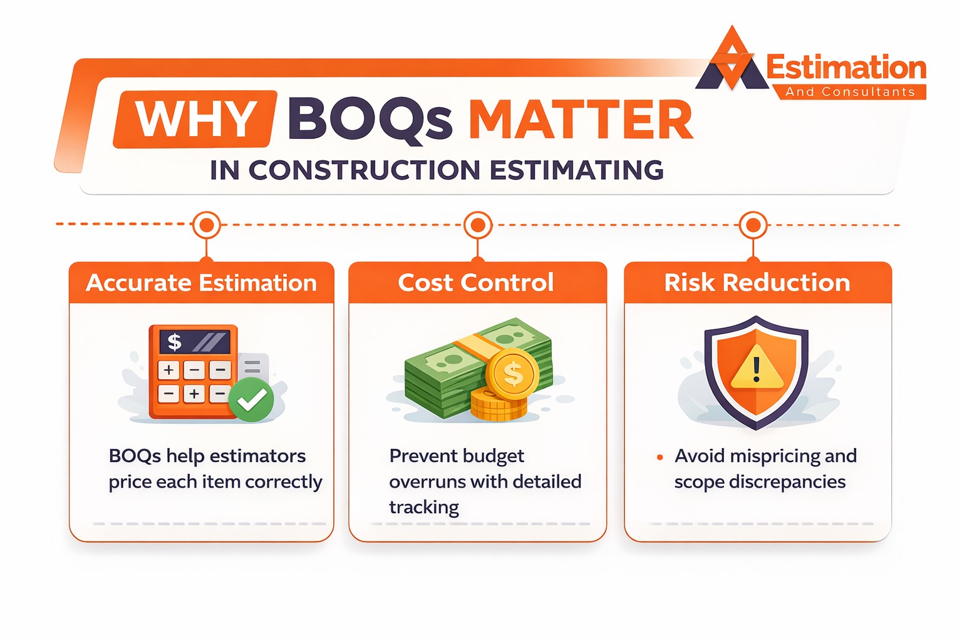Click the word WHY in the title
[195, 119]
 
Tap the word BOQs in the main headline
[370, 120]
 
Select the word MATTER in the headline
[581, 120]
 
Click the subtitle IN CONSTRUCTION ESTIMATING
[437, 170]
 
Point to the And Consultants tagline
[850, 92]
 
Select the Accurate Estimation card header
[201, 283]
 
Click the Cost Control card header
[476, 283]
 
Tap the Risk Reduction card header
[757, 283]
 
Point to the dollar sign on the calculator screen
[175, 342]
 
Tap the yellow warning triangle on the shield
[757, 369]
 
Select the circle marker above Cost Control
[478, 224]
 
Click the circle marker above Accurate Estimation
[207, 224]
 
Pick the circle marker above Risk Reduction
[753, 224]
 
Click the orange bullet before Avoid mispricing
[659, 458]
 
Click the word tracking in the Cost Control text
[424, 507]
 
